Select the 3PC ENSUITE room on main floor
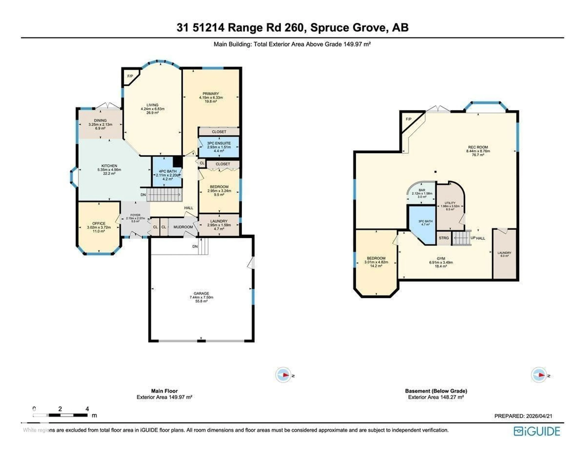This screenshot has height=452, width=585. tap(219, 147)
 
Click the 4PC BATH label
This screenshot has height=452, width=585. tap(168, 171)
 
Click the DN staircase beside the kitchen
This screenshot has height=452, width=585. tap(164, 194)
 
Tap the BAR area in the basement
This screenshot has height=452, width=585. tap(422, 193)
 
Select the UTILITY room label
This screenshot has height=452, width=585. tap(450, 203)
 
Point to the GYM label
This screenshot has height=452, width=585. tap(441, 259)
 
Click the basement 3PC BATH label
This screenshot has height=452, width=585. tap(425, 221)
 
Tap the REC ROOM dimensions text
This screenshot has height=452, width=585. tap(478, 151)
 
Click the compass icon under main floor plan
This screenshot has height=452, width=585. tap(283, 375)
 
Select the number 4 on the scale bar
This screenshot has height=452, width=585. tap(87, 409)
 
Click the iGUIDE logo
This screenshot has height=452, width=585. tap(537, 431)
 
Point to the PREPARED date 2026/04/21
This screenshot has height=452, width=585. tap(539, 416)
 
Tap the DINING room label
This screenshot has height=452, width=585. tap(100, 121)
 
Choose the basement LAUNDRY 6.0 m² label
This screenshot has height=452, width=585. tap(504, 254)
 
